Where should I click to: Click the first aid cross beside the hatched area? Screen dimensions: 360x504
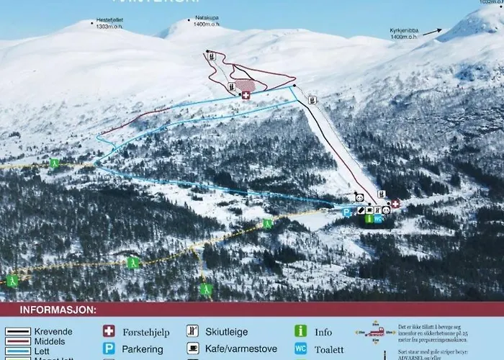246,95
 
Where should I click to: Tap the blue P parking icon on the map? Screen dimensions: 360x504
346,212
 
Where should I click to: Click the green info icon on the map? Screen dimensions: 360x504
369,218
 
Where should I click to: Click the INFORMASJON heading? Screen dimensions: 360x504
58,310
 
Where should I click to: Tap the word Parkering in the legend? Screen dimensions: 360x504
143,349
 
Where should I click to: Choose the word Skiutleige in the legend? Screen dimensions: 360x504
228,332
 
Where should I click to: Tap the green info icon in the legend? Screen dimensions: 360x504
300,331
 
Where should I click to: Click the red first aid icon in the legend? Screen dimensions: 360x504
109,331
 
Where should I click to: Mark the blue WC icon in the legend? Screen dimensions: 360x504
300,348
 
